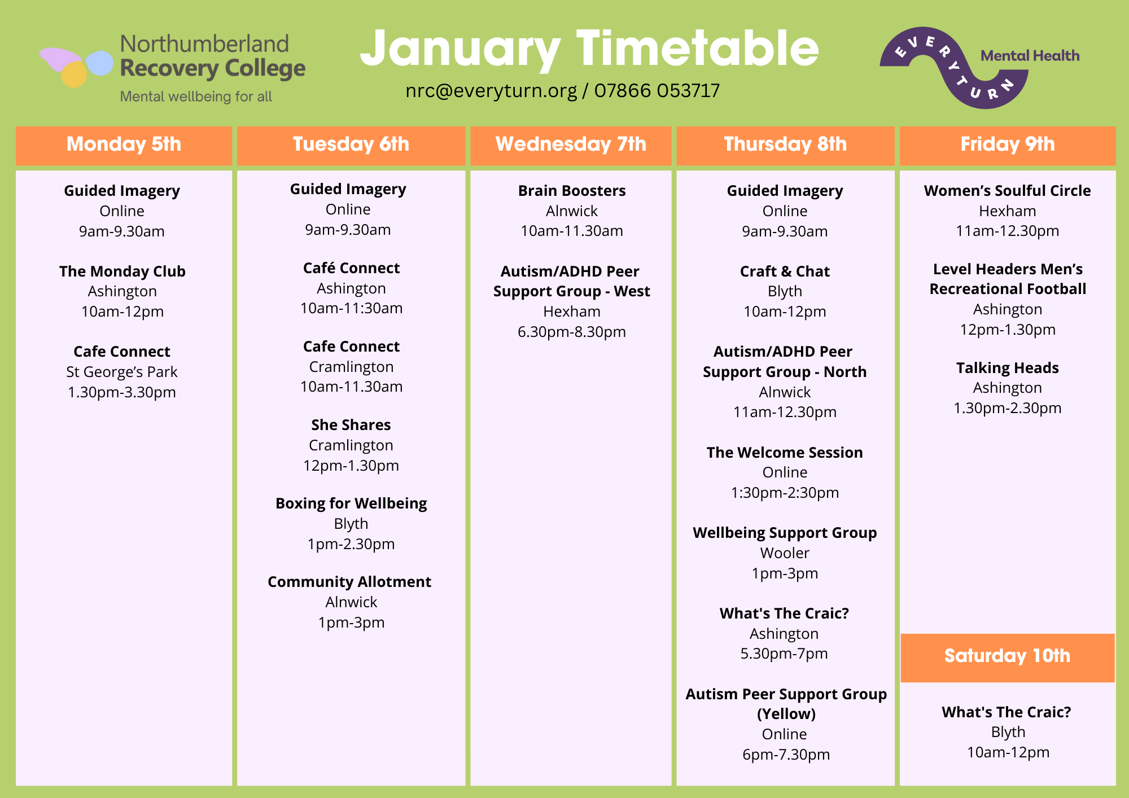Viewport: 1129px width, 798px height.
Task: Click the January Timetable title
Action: pyautogui.click(x=589, y=50)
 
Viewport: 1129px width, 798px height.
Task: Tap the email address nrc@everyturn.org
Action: pyautogui.click(x=491, y=91)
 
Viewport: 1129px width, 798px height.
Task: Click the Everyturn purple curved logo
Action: pyautogui.click(x=954, y=67)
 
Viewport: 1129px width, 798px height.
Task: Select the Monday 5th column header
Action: pyautogui.click(x=124, y=145)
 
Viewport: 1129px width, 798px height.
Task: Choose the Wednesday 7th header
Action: pyautogui.click(x=571, y=145)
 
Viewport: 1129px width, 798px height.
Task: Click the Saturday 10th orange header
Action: pyautogui.click(x=1008, y=657)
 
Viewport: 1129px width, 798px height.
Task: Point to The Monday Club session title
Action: pyautogui.click(x=122, y=271)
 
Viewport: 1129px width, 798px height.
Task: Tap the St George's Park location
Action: pyautogui.click(x=122, y=372)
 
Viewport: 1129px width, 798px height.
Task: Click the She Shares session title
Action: pyautogui.click(x=351, y=425)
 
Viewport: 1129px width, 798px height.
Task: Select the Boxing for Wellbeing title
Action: pyautogui.click(x=351, y=503)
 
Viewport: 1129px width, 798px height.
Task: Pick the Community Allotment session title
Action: pyautogui.click(x=349, y=582)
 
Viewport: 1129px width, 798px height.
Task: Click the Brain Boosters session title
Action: pyautogui.click(x=572, y=191)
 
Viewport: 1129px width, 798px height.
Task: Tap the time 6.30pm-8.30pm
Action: pyautogui.click(x=572, y=332)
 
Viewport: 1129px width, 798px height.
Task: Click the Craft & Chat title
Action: pyautogui.click(x=785, y=271)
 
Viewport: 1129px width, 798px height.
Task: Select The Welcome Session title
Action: pyautogui.click(x=785, y=453)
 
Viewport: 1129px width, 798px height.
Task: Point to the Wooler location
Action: pyautogui.click(x=785, y=553)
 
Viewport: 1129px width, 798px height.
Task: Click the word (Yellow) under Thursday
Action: pyautogui.click(x=786, y=714)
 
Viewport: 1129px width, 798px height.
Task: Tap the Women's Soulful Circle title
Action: pyautogui.click(x=1008, y=191)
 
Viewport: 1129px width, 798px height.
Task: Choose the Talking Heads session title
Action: pyautogui.click(x=1008, y=368)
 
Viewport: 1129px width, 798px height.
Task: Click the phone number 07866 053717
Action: pyautogui.click(x=657, y=91)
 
